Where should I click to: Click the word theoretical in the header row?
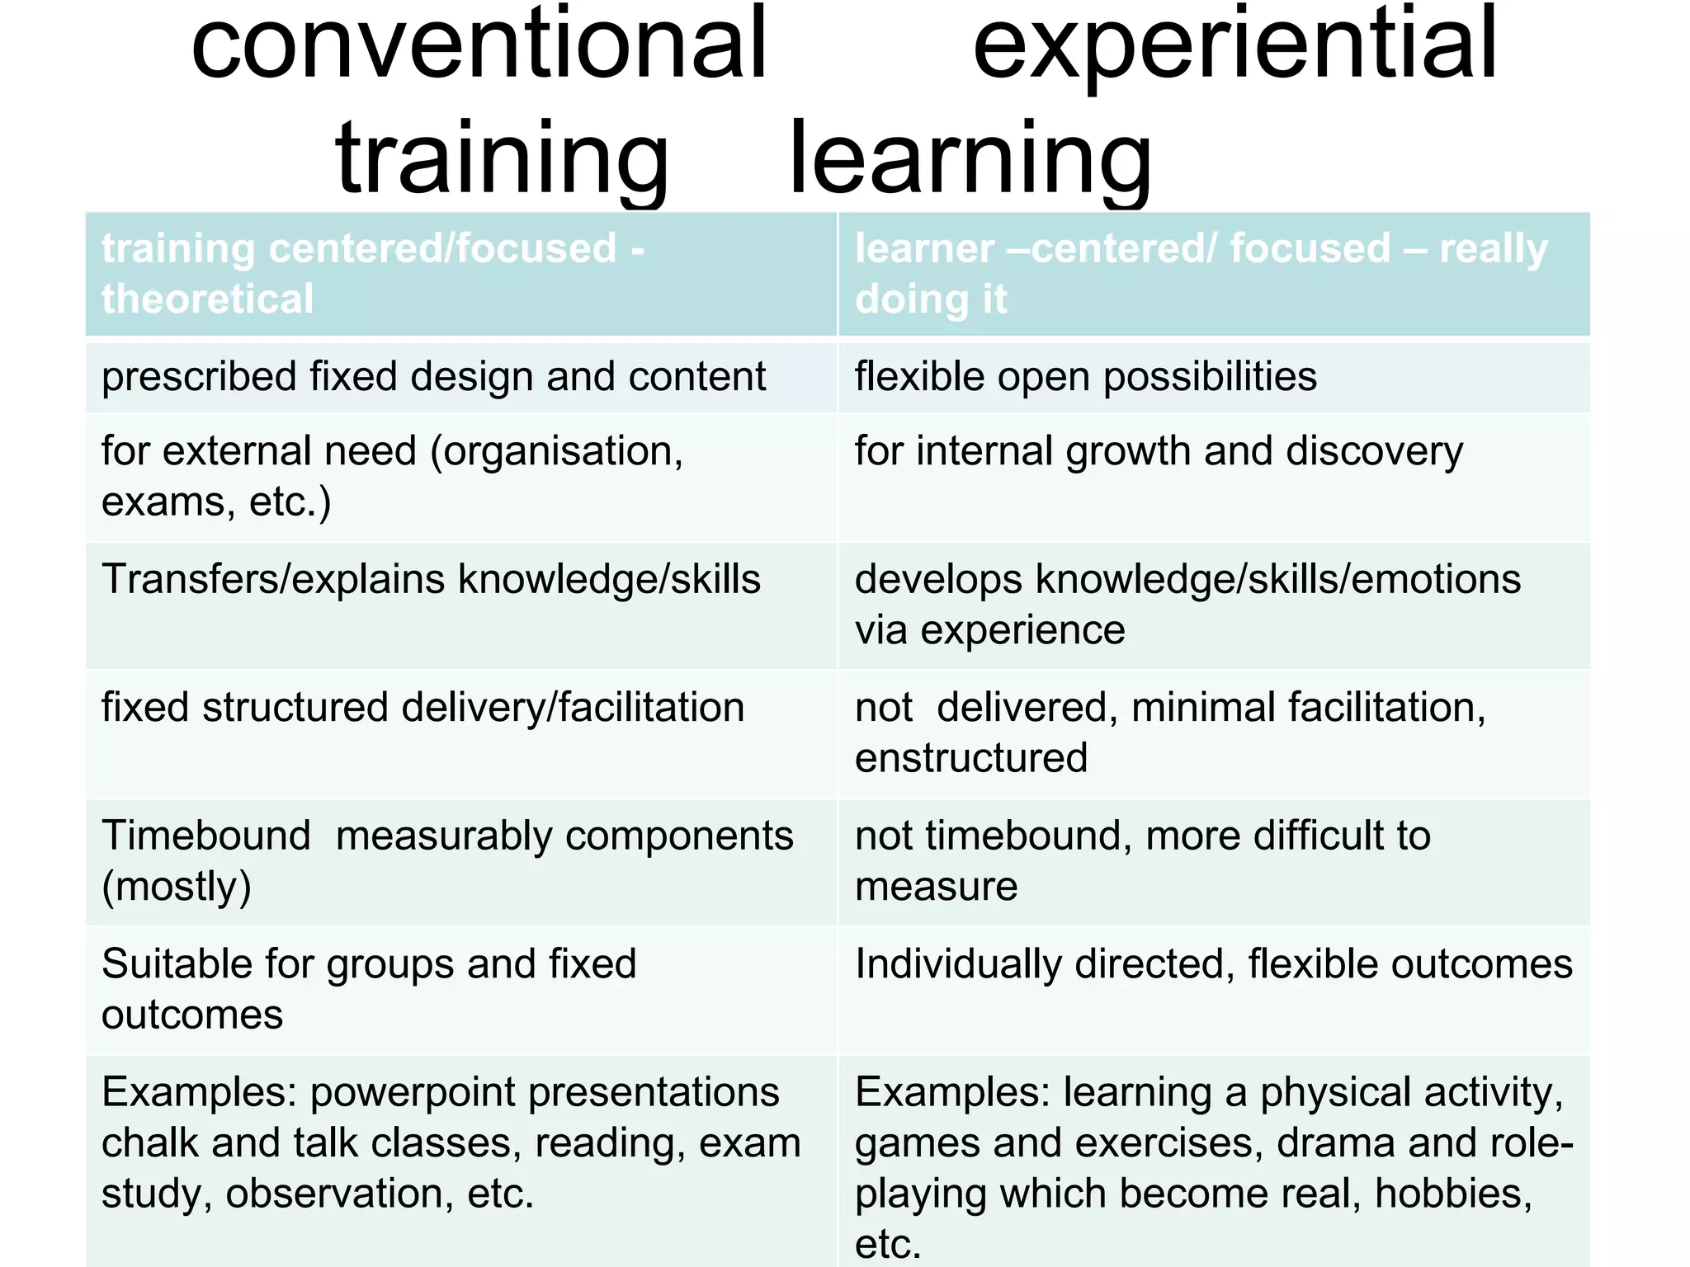point(207,299)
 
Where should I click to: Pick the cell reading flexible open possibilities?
point(1085,377)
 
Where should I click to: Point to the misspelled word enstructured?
point(971,758)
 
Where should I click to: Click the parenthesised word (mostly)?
point(176,888)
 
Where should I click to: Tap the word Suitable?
point(177,963)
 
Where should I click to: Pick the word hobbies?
point(1453,1194)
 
